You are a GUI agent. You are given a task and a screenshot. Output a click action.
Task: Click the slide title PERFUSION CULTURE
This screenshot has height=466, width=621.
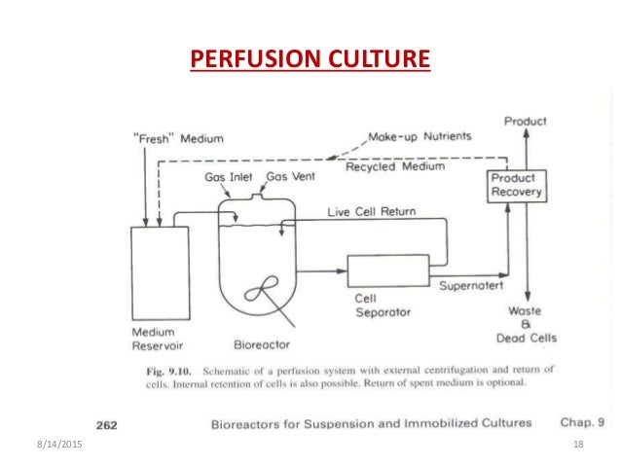point(310,62)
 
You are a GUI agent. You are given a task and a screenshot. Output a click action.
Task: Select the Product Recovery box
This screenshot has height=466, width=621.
point(513,186)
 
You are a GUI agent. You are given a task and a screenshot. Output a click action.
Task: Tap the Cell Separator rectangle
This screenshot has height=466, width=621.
point(387,269)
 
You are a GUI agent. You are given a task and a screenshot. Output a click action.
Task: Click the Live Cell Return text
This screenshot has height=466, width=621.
point(368,211)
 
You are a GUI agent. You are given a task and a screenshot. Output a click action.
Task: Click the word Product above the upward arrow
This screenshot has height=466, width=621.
point(525,121)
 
